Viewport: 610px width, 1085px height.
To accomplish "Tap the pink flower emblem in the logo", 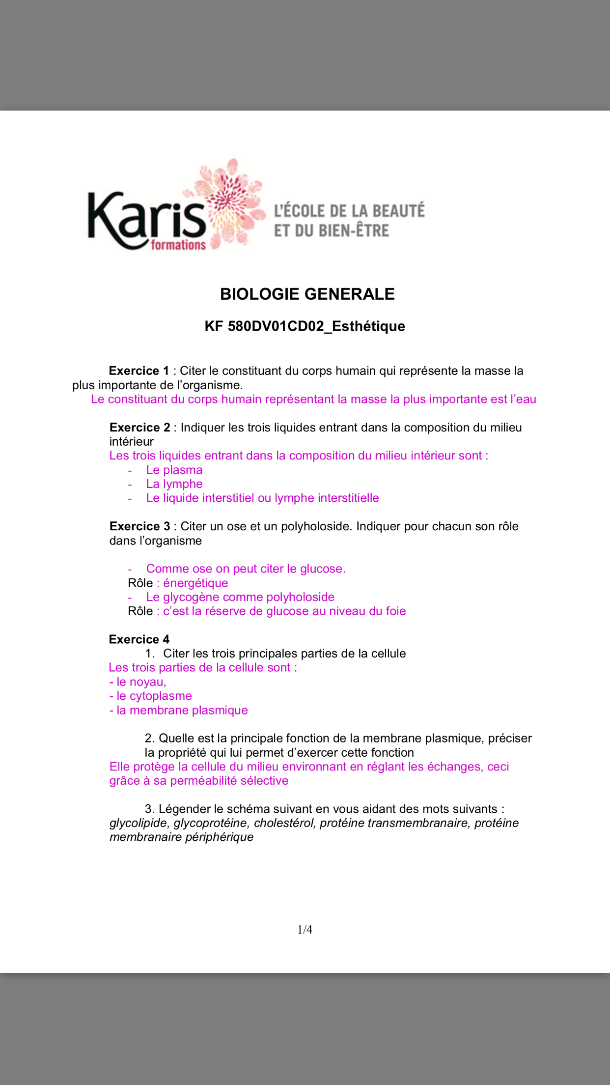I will point(231,201).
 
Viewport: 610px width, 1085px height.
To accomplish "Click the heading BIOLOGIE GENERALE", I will point(307,294).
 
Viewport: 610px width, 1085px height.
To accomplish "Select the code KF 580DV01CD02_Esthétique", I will point(305,326).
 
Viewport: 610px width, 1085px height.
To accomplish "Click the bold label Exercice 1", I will point(139,371).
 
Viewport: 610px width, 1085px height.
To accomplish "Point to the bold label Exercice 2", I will point(139,428).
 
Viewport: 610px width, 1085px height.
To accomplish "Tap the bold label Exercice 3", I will point(139,526).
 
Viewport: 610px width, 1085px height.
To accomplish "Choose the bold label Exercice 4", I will point(139,639).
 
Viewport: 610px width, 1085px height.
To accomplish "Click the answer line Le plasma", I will point(174,470).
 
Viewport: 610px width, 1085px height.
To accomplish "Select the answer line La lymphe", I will point(174,484).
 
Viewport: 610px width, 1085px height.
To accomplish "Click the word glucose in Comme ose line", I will point(321,569).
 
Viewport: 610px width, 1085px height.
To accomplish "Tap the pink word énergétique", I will point(195,583).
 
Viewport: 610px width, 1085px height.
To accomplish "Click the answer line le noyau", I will point(141,682).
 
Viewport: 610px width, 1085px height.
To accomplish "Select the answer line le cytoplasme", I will point(154,696).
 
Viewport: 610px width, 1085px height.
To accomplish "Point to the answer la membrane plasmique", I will point(182,710).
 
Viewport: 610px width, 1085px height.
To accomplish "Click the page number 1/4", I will point(305,929).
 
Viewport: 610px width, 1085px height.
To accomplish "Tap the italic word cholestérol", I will point(285,823).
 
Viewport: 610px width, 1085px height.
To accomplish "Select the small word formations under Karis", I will point(178,244).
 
